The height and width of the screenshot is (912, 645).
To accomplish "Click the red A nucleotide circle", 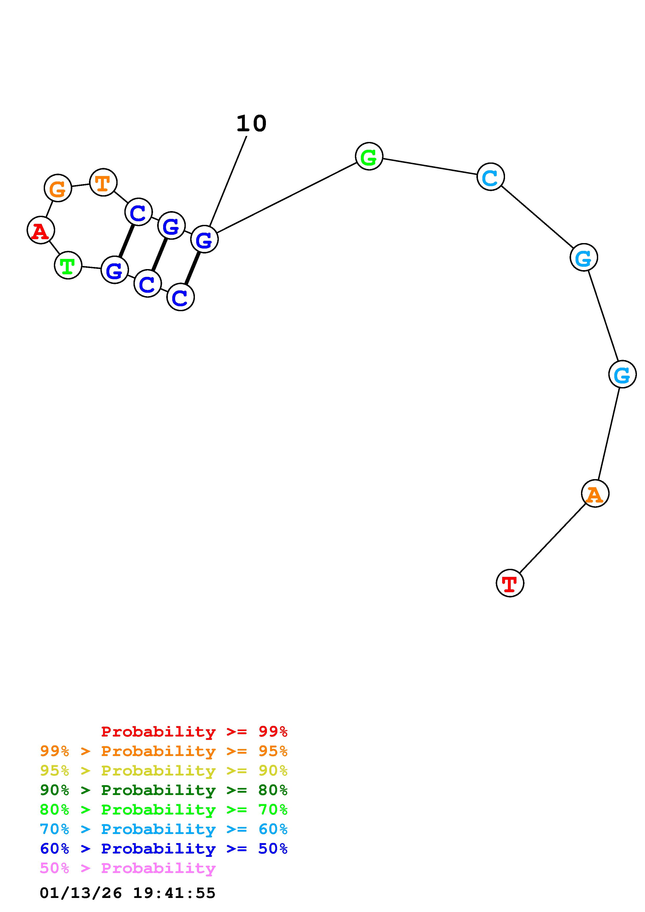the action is pyautogui.click(x=41, y=230).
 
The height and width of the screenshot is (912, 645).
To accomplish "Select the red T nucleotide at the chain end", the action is pyautogui.click(x=510, y=583).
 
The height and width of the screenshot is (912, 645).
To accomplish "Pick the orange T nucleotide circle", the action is pyautogui.click(x=103, y=182).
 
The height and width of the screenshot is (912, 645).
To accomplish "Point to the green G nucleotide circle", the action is pyautogui.click(x=369, y=157).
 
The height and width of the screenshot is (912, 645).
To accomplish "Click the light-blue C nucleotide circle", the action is pyautogui.click(x=490, y=177).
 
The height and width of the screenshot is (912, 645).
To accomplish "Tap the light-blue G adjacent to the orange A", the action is pyautogui.click(x=622, y=374).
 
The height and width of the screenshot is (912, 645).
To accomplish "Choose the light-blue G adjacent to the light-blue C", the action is pyautogui.click(x=583, y=257).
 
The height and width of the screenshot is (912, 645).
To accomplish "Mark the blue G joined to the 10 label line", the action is pyautogui.click(x=204, y=239).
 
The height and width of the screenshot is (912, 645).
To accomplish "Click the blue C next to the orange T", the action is pyautogui.click(x=138, y=212).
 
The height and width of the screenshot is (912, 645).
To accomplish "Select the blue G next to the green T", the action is pyautogui.click(x=114, y=270).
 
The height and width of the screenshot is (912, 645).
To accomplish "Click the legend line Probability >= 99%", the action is pyautogui.click(x=194, y=732).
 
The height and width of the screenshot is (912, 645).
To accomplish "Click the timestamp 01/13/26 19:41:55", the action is pyautogui.click(x=127, y=893).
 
